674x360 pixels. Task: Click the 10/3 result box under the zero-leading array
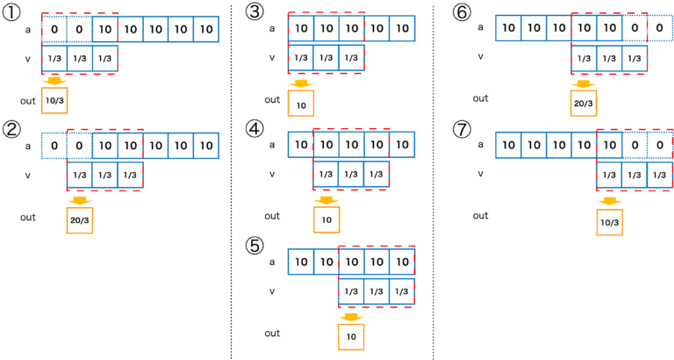[54, 101]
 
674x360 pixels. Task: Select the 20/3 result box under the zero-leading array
[79, 220]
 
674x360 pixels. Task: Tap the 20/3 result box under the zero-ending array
[584, 103]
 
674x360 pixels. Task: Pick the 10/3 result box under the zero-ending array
[610, 222]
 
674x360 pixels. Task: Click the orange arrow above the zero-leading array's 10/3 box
[54, 82]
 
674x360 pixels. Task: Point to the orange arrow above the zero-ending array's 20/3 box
[584, 84]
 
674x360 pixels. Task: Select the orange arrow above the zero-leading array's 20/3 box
[79, 200]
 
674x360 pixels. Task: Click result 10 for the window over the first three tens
[301, 104]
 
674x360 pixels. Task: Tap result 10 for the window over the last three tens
[351, 336]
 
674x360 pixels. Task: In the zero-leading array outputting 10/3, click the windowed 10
[105, 29]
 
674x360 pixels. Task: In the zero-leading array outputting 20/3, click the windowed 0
[80, 146]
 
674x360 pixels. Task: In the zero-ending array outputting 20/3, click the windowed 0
[635, 28]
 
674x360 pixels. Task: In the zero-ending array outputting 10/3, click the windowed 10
[610, 145]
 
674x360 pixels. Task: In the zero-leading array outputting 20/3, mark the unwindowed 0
[54, 146]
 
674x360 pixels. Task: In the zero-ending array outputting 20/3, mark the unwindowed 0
[660, 28]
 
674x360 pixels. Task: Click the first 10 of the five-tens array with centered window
[301, 145]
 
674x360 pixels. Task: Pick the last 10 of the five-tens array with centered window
[402, 145]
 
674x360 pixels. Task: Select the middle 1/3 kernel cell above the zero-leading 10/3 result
[80, 58]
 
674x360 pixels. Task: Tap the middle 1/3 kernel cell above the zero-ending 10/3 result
[635, 176]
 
